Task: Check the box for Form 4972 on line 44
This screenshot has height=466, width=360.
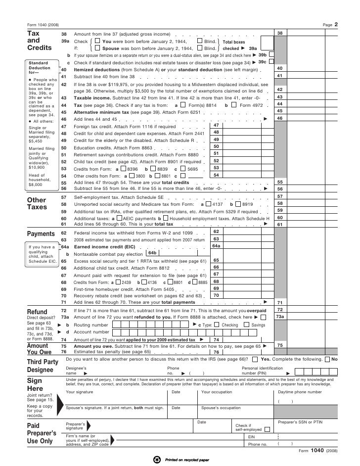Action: point(235,105)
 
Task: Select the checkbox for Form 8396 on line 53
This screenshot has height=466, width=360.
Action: point(123,168)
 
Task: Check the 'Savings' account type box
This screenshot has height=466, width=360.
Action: point(247,325)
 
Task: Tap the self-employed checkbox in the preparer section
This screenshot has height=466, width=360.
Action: point(268,429)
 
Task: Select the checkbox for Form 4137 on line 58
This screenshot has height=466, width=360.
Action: point(209,204)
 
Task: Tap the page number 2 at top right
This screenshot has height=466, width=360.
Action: point(336,24)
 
